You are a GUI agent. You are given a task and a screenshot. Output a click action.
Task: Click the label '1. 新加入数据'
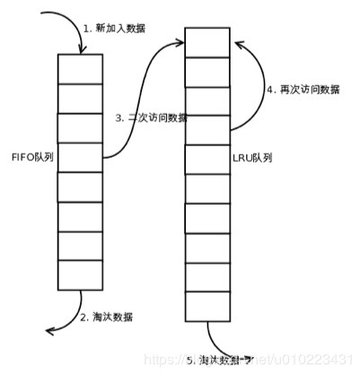pos(114,28)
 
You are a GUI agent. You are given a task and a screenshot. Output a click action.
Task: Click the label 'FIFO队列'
pos(31,155)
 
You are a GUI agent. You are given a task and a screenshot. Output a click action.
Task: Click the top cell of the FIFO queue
pos(81,68)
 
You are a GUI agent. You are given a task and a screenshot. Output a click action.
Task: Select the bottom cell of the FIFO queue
pos(81,273)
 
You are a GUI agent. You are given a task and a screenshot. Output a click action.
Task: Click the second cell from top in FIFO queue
pos(81,98)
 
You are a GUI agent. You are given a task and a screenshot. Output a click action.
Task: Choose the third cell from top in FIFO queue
pos(81,127)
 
